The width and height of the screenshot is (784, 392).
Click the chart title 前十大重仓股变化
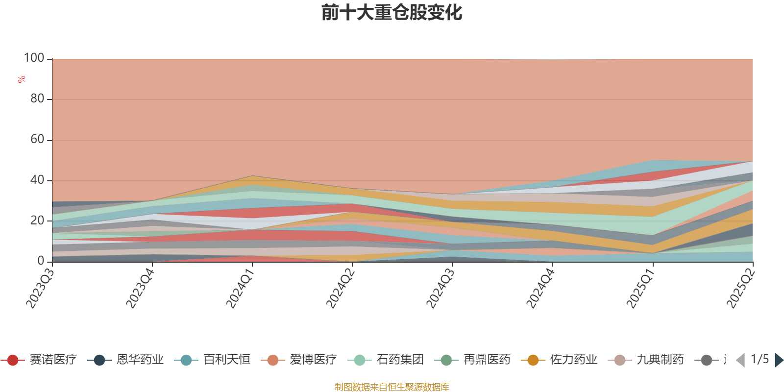[x=392, y=13]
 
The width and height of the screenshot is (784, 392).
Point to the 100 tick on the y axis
[x=34, y=58]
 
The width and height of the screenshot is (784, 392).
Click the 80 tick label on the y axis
[x=37, y=99]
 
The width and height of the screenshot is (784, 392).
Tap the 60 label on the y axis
[x=37, y=140]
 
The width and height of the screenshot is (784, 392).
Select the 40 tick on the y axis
[x=37, y=180]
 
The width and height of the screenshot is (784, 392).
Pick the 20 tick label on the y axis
[x=37, y=221]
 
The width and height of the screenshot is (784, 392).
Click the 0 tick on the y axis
[x=41, y=261]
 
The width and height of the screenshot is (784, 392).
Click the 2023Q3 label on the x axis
[x=40, y=289]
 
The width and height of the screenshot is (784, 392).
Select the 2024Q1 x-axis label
[x=240, y=289]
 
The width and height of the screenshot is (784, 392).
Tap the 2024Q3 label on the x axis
[x=440, y=289]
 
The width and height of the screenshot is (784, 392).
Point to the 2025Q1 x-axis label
[x=640, y=289]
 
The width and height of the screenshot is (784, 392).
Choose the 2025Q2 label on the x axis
[x=740, y=289]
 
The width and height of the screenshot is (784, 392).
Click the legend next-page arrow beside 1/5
[x=779, y=360]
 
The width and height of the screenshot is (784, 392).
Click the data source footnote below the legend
[x=392, y=387]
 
